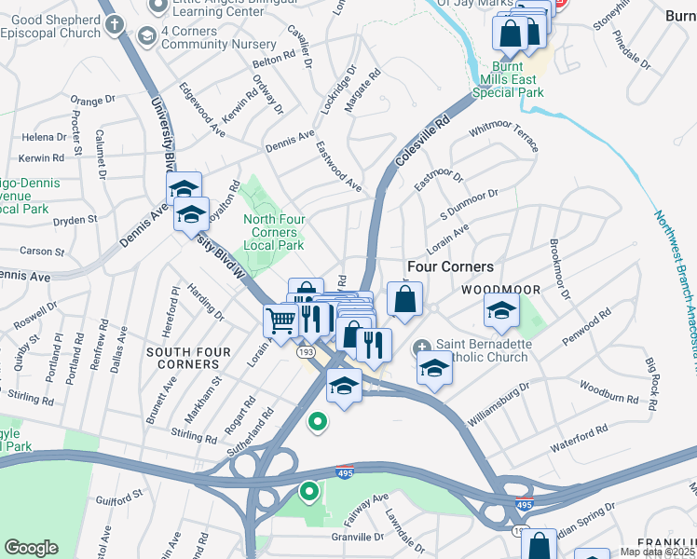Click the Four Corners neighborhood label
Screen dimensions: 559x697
450,266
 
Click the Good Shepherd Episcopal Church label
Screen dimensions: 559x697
50,26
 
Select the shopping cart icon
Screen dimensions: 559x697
280,320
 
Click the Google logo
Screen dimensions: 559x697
31,548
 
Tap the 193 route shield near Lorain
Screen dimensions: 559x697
305,352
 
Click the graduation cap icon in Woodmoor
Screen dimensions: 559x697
501,312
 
